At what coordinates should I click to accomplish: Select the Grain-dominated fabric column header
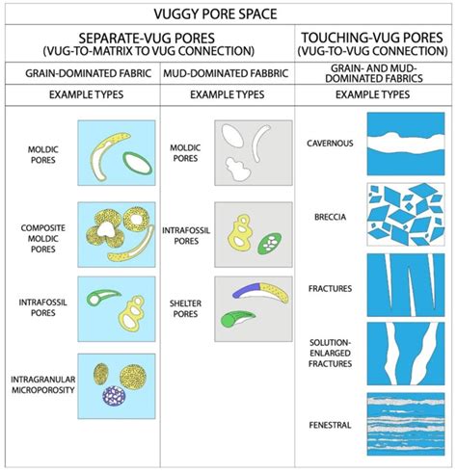pyautogui.click(x=82, y=72)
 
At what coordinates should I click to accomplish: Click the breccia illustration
pyautogui.click(x=404, y=215)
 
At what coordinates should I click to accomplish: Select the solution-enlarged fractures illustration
pyautogui.click(x=404, y=353)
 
